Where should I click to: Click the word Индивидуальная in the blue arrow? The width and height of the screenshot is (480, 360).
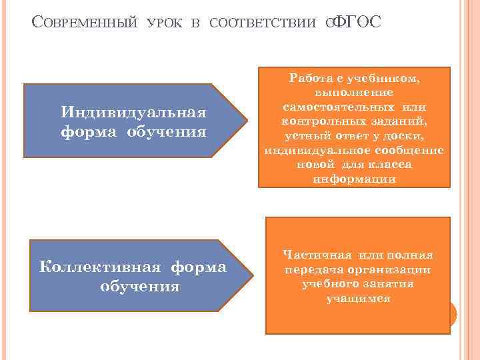point(133,110)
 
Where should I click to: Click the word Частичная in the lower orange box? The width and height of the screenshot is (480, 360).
point(317,255)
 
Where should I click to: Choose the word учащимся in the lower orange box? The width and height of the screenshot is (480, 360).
point(358,299)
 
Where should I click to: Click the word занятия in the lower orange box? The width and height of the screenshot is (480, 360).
point(390,284)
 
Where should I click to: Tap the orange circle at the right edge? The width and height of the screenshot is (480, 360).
point(451,313)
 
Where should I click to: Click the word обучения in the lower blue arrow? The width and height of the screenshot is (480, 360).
point(139,286)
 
